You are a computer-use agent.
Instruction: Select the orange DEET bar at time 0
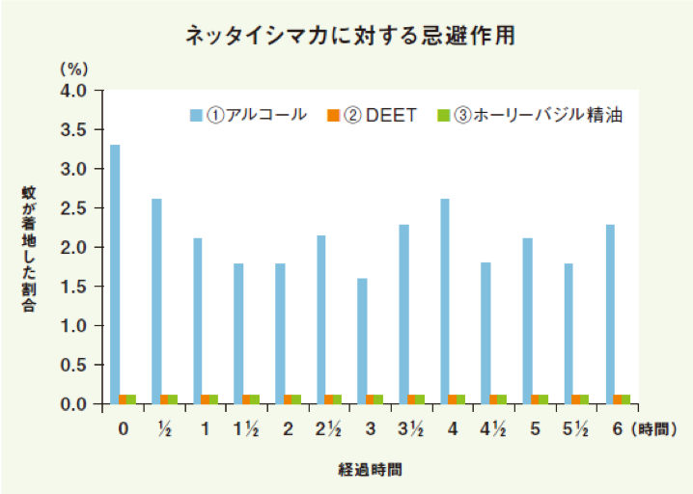click(x=124, y=399)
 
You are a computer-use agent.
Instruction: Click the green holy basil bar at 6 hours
click(x=625, y=399)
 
